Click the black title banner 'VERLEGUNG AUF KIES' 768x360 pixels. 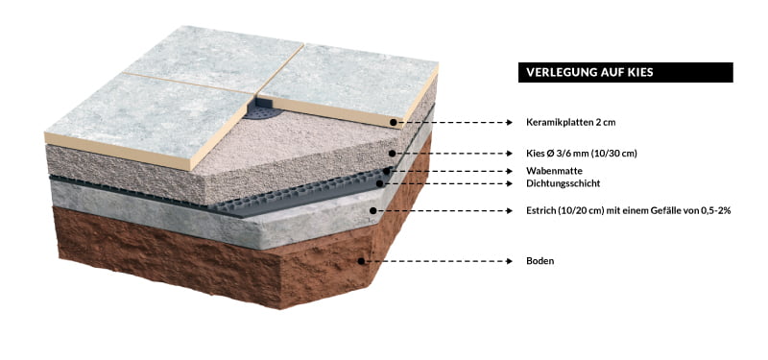point(626,72)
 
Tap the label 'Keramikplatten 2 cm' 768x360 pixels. point(570,123)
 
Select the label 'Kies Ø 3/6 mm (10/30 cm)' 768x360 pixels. point(582,154)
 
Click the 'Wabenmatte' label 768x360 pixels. point(554,172)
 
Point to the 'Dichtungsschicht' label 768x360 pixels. point(563,183)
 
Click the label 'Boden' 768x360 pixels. point(540,261)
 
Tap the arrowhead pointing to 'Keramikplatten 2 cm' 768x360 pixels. point(510,123)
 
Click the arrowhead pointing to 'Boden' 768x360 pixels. point(510,261)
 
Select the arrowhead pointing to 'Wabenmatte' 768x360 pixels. point(510,172)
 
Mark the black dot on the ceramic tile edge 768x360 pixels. point(393,123)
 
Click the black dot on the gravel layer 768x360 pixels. point(392,154)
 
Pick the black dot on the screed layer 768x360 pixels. point(372,210)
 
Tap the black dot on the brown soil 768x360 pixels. point(361,261)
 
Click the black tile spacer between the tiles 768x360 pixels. point(261,108)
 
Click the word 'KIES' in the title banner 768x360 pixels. point(641,73)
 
